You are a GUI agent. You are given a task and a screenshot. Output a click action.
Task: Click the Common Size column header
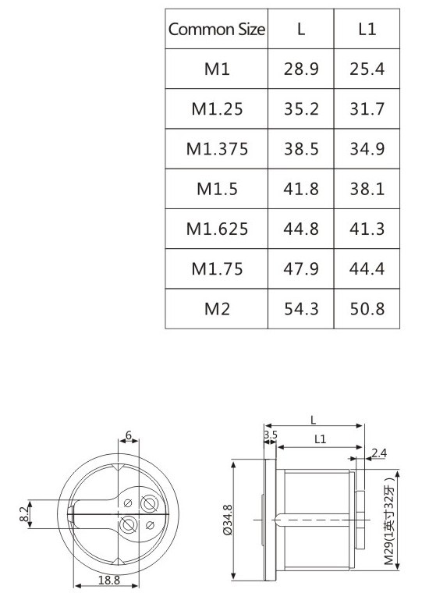tap(217, 29)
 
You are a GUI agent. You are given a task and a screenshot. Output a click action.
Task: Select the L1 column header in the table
tap(367, 29)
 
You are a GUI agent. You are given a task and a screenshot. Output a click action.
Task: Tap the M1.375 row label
tap(217, 148)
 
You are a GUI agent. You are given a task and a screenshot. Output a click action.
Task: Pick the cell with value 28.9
tap(301, 69)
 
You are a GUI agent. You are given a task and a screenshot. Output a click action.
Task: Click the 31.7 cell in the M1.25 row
tap(367, 109)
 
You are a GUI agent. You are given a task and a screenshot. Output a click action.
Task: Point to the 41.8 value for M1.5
tap(301, 189)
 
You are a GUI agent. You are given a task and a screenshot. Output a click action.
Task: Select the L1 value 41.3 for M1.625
tap(367, 229)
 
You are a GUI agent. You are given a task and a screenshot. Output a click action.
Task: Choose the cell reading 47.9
tap(301, 269)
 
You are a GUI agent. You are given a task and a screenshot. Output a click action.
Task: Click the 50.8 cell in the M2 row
tap(367, 309)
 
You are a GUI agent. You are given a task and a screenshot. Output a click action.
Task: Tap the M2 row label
tap(217, 309)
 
